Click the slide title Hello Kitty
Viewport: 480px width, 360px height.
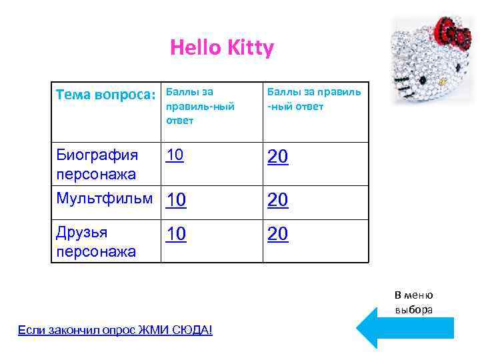[x=221, y=48]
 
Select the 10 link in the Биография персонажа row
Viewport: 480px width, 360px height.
[x=175, y=155]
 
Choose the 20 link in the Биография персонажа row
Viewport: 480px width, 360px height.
[x=277, y=157]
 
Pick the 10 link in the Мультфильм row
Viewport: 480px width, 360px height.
[x=177, y=200]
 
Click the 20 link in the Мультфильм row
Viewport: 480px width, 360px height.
[x=277, y=200]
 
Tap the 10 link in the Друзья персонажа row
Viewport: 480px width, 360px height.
[x=177, y=234]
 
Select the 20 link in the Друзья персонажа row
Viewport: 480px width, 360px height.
[x=277, y=234]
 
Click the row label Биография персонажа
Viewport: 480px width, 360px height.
[x=97, y=165]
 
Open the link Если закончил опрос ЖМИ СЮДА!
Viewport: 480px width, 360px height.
[x=115, y=329]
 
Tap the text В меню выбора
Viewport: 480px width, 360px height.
[x=413, y=302]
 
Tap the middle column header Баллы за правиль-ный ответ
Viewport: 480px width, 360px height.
[x=200, y=105]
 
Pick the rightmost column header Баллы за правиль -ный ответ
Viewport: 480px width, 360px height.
[x=314, y=99]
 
